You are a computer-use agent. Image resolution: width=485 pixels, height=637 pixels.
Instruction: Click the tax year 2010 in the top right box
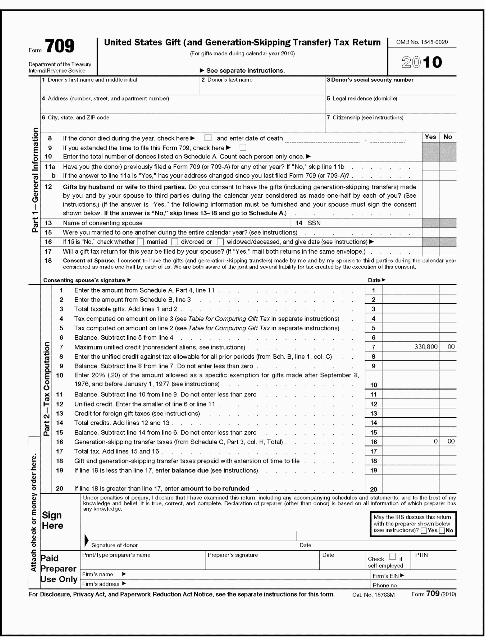click(x=421, y=62)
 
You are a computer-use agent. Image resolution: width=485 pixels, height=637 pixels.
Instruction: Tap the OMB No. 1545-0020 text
click(x=422, y=42)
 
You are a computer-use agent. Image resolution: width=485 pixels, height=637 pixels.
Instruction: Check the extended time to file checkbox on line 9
click(x=243, y=147)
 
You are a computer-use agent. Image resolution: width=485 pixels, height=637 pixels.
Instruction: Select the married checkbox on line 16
click(x=141, y=241)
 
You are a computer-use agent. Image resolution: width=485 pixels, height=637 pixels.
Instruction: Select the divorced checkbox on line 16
click(x=175, y=241)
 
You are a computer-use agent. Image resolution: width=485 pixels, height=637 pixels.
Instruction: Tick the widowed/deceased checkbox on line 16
click(x=220, y=241)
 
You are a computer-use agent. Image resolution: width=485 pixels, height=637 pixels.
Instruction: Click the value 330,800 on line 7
click(x=426, y=347)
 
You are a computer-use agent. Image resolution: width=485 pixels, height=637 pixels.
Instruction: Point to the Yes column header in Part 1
click(x=430, y=137)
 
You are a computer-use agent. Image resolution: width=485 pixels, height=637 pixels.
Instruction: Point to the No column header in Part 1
click(x=448, y=137)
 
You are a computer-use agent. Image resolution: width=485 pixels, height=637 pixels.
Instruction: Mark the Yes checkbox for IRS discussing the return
click(x=424, y=531)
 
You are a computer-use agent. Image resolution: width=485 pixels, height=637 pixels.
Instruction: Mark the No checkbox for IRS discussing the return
click(x=442, y=531)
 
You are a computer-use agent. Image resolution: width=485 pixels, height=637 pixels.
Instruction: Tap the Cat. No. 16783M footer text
click(x=373, y=595)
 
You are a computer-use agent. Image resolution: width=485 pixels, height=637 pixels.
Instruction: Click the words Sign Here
click(x=52, y=520)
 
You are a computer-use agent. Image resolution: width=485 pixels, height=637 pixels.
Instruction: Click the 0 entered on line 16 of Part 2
click(x=435, y=441)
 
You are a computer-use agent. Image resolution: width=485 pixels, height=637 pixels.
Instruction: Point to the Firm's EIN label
click(x=386, y=576)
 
